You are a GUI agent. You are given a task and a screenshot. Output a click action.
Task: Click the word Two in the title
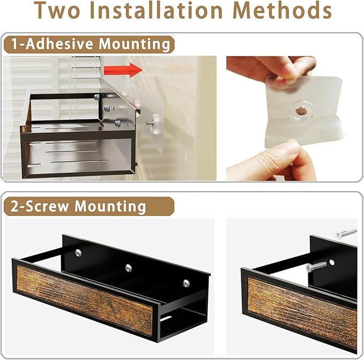coord(57,10)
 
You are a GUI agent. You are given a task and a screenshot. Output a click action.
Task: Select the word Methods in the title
coord(282,10)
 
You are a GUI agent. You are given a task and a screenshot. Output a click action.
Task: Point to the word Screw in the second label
coord(47,206)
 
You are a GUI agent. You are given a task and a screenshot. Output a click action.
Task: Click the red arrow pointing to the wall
coord(123,70)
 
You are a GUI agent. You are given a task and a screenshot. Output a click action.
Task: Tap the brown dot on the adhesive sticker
coord(300,109)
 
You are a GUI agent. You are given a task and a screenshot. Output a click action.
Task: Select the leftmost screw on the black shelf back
coord(78,253)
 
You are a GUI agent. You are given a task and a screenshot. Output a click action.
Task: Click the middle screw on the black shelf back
coord(128,268)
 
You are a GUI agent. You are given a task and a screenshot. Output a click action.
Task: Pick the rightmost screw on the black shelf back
coord(186,283)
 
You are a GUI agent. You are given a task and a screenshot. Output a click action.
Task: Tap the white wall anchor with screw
coord(346,232)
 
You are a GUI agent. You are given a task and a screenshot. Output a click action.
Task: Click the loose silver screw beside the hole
coord(316,266)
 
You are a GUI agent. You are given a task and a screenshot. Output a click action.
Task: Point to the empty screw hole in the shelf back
coord(332,262)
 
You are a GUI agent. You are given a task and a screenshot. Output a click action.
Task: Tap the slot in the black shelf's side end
coord(166,318)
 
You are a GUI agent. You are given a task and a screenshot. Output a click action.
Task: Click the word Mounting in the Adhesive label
coord(135,44)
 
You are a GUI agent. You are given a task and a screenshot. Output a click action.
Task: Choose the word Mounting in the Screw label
coord(110,206)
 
